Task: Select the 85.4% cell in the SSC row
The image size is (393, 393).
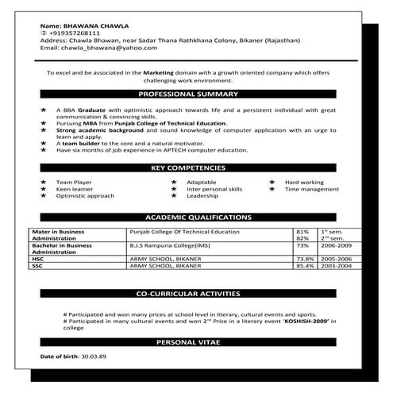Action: tap(302, 265)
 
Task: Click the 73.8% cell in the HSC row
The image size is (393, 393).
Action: tap(302, 259)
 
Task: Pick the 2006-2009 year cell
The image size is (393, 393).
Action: tap(334, 247)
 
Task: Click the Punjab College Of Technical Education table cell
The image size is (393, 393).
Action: tap(183, 231)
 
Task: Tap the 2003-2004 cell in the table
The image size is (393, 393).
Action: tap(334, 265)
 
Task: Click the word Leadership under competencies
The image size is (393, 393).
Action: tap(202, 196)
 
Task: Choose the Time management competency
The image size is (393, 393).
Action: tap(312, 190)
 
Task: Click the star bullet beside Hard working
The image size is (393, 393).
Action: tap(272, 183)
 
